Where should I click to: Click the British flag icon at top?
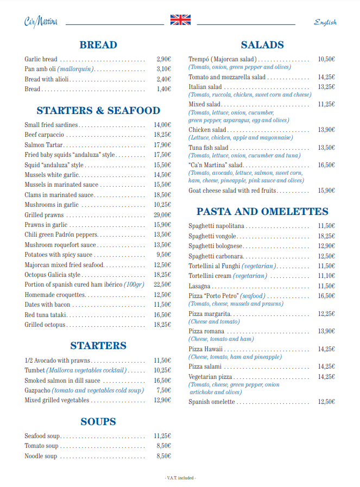[x=180, y=20]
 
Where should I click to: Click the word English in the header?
[x=325, y=22]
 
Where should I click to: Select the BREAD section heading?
[x=98, y=45]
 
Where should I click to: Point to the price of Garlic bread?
[x=163, y=59]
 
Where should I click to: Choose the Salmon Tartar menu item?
[x=44, y=145]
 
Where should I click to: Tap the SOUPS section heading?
[x=98, y=421]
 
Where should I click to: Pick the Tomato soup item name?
[x=41, y=446]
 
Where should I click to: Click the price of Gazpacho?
[x=164, y=390]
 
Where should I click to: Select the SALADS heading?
[x=262, y=45]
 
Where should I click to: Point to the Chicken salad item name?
[x=207, y=130]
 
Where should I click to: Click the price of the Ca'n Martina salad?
[x=326, y=165]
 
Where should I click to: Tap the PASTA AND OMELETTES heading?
[x=262, y=211]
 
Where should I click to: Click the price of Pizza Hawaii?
[x=326, y=349]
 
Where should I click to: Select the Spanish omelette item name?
[x=212, y=402]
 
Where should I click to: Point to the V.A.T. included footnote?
[x=180, y=478]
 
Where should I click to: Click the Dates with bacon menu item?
[x=47, y=305]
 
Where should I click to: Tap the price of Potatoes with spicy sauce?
[x=164, y=255]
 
